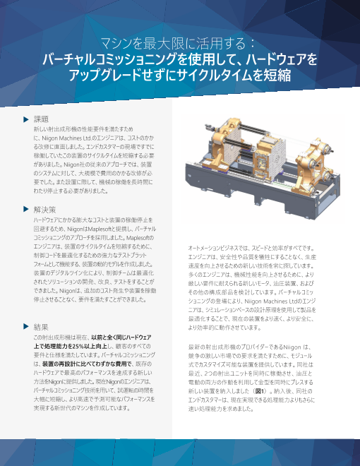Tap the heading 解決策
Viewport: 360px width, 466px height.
(x=45, y=210)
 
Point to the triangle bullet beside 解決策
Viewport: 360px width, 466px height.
(x=25, y=210)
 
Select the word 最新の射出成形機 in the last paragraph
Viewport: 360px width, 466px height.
(x=215, y=349)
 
